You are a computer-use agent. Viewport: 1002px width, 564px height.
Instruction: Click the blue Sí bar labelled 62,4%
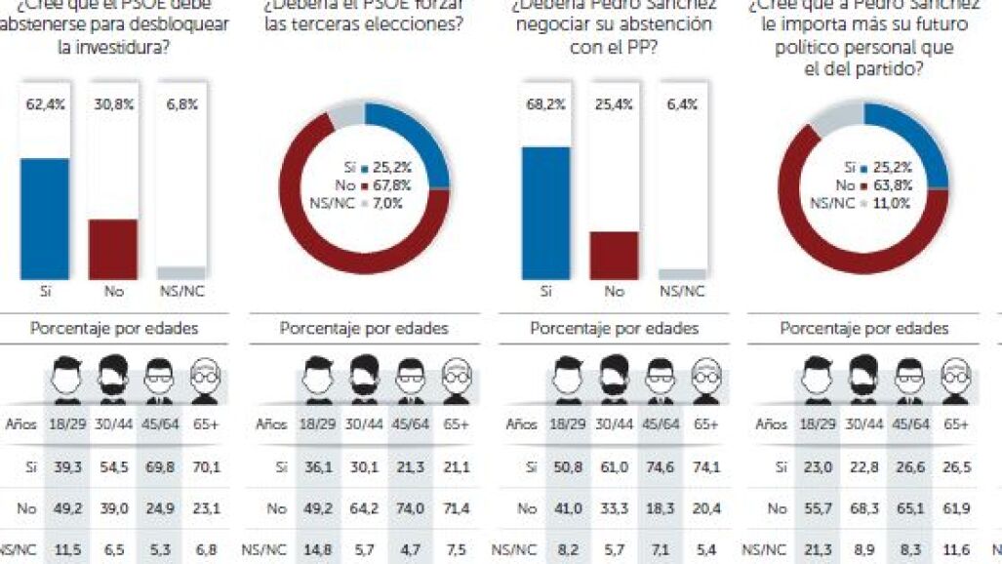(45, 219)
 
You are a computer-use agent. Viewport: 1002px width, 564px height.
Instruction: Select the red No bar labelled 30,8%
(113, 249)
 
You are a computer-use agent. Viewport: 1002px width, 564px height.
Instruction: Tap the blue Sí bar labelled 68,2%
(545, 213)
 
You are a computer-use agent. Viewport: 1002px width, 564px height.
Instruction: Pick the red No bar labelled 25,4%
(614, 255)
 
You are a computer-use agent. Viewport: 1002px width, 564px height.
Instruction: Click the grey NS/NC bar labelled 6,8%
(181, 272)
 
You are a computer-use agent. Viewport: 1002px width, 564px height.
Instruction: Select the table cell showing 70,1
(205, 466)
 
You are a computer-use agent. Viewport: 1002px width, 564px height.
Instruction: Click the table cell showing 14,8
(317, 549)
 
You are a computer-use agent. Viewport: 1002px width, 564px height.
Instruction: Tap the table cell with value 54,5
(116, 466)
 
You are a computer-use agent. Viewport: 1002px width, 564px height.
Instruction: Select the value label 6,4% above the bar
(682, 104)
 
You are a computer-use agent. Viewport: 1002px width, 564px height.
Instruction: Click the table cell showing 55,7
(817, 507)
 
